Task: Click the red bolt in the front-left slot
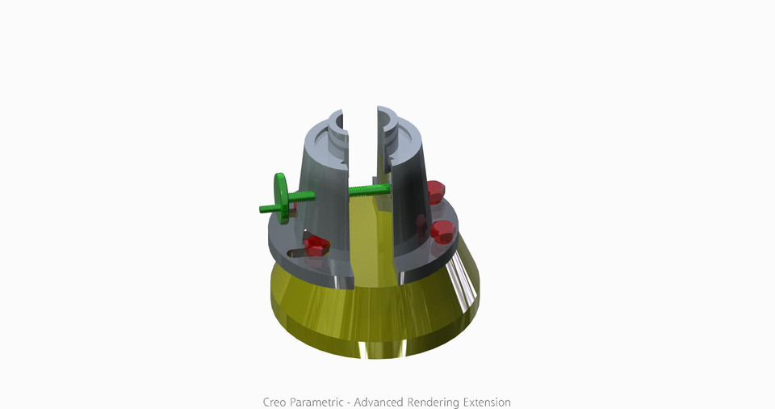click(x=315, y=246)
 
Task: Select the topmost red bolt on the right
click(x=434, y=192)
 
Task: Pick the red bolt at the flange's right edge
click(x=443, y=231)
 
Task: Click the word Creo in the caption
click(x=275, y=402)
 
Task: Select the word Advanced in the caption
click(x=380, y=402)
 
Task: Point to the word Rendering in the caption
click(x=437, y=402)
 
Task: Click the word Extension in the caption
click(x=488, y=402)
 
